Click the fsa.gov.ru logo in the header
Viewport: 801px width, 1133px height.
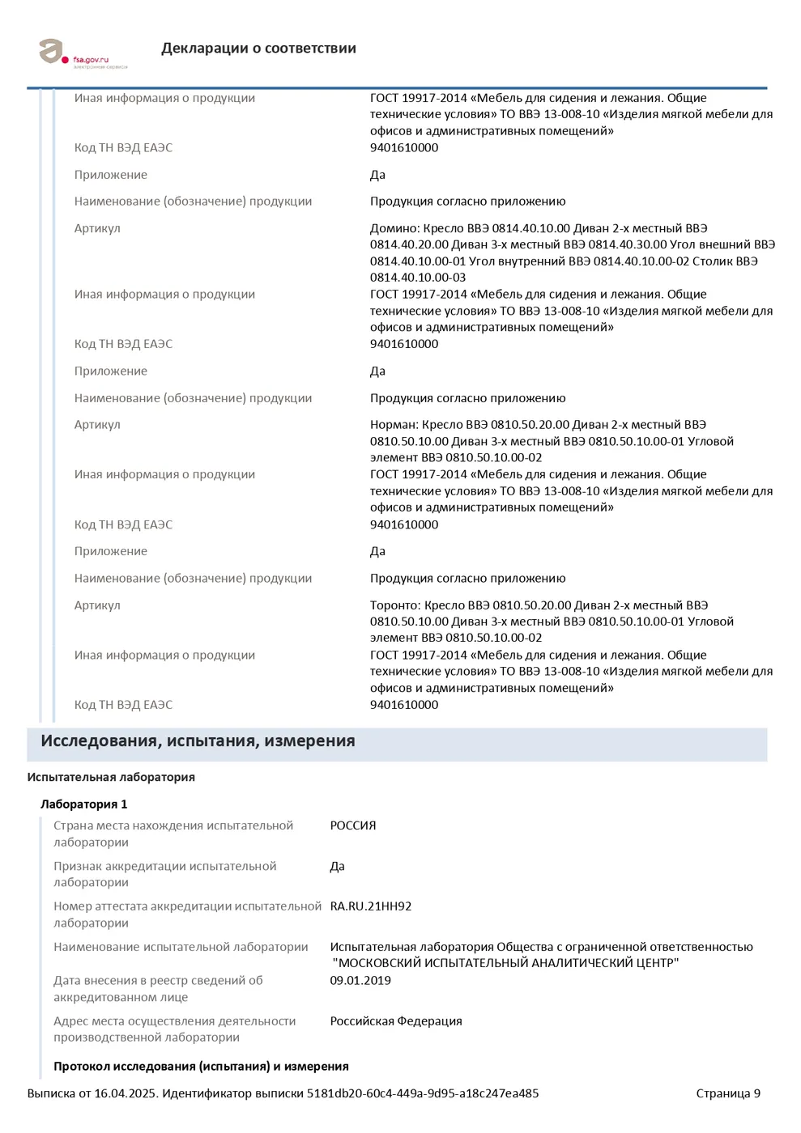click(73, 53)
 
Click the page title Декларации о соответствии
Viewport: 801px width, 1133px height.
click(258, 49)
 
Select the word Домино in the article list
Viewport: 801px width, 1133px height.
click(394, 228)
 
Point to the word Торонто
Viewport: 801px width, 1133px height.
click(394, 605)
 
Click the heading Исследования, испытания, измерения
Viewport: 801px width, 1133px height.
click(198, 741)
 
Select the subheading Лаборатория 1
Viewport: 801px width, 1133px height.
click(84, 804)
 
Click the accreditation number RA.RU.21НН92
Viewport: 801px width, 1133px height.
click(370, 906)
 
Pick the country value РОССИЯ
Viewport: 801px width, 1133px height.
click(353, 825)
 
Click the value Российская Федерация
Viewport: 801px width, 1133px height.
click(396, 1021)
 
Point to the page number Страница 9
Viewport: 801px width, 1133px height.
click(728, 1093)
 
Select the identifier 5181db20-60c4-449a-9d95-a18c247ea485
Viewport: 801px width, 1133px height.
click(422, 1093)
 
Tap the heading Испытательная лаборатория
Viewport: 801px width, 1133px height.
click(111, 777)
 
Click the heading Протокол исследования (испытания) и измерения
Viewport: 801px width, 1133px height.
click(201, 1066)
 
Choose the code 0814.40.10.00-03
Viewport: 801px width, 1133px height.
click(418, 278)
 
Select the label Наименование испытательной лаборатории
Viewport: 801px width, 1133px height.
click(181, 947)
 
